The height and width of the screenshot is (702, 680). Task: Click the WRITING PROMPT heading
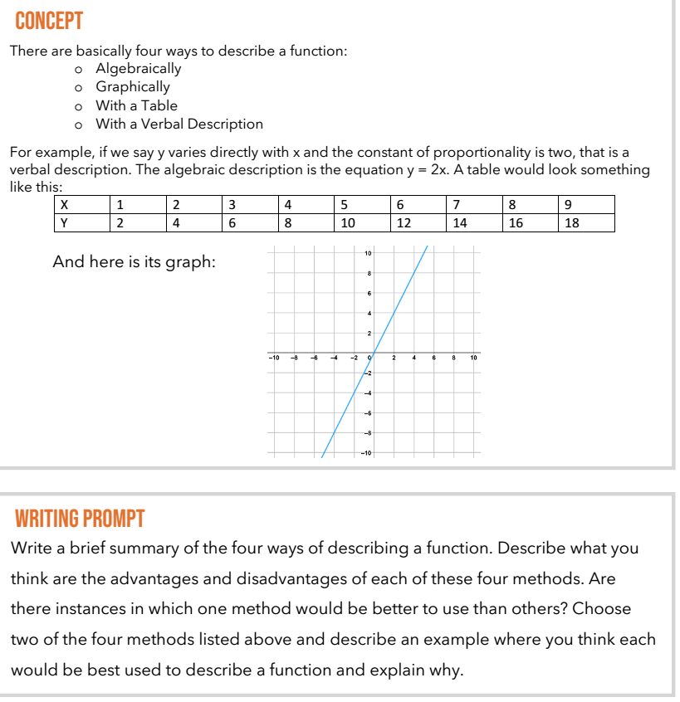click(79, 519)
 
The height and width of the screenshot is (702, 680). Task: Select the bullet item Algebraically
click(138, 68)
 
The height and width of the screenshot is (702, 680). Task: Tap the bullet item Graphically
click(132, 86)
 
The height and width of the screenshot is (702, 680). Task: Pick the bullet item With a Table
click(136, 105)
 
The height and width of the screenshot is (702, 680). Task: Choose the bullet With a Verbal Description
click(179, 124)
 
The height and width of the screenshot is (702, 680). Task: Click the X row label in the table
click(64, 205)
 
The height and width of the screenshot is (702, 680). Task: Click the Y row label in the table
click(64, 222)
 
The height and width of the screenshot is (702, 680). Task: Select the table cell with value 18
click(571, 222)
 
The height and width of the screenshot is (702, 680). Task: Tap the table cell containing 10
click(347, 222)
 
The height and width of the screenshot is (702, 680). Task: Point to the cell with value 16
click(515, 222)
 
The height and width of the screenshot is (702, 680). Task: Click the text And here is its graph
click(134, 262)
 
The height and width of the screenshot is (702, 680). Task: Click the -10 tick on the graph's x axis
click(273, 359)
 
